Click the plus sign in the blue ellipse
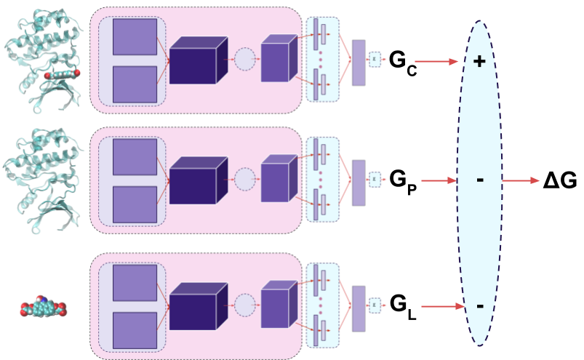pyautogui.click(x=479, y=62)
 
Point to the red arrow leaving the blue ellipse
pyautogui.click(x=521, y=180)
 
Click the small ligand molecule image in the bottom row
pyautogui.click(x=43, y=306)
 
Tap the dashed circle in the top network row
pyautogui.click(x=245, y=59)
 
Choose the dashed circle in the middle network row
pyautogui.click(x=245, y=179)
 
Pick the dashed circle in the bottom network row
pyautogui.click(x=245, y=305)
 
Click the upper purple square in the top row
pyautogui.click(x=135, y=37)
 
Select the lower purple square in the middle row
pyautogui.click(x=135, y=204)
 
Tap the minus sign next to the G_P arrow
pyautogui.click(x=479, y=179)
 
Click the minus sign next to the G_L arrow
pyautogui.click(x=479, y=306)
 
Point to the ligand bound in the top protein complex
pyautogui.click(x=62, y=74)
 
